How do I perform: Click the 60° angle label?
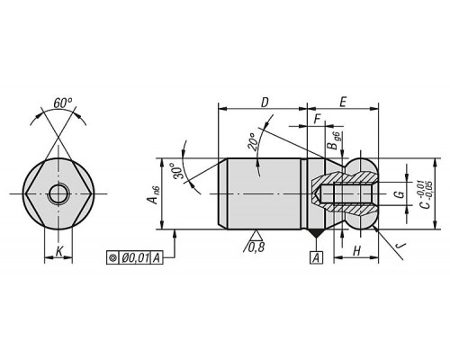[x=63, y=103]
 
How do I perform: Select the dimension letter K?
[x=59, y=251]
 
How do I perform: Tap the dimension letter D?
[x=265, y=103]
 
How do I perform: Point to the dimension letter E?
[x=343, y=103]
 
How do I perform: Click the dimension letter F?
[x=317, y=120]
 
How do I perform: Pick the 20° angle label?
[x=253, y=141]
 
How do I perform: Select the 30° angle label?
[x=177, y=171]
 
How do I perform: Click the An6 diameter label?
[x=154, y=194]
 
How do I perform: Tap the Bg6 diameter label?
[x=333, y=140]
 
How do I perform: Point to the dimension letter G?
[x=400, y=194]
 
